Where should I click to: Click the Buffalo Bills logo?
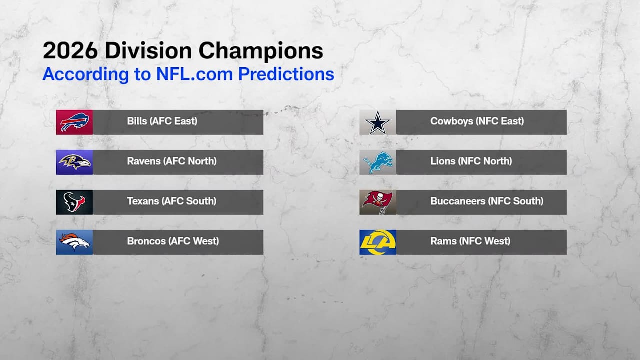[x=74, y=122]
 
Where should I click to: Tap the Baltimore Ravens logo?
[x=74, y=162]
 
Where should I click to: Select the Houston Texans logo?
[x=74, y=202]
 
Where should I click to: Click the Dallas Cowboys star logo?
[x=377, y=123]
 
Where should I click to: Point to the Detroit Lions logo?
[x=377, y=162]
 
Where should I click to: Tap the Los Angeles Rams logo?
[x=377, y=242]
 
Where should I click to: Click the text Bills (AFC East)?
[x=162, y=121]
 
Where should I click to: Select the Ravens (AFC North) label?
[x=172, y=161]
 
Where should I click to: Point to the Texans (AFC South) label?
[x=171, y=201]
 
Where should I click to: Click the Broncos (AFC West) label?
[x=173, y=241]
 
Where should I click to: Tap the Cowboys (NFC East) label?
[x=477, y=121]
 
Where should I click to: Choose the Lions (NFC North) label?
[x=471, y=161]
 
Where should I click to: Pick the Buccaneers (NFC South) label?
[x=487, y=201]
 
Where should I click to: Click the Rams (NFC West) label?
[x=470, y=241]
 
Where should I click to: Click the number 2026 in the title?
[x=70, y=51]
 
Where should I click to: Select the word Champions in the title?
[x=261, y=52]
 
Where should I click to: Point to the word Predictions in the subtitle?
[x=286, y=74]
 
